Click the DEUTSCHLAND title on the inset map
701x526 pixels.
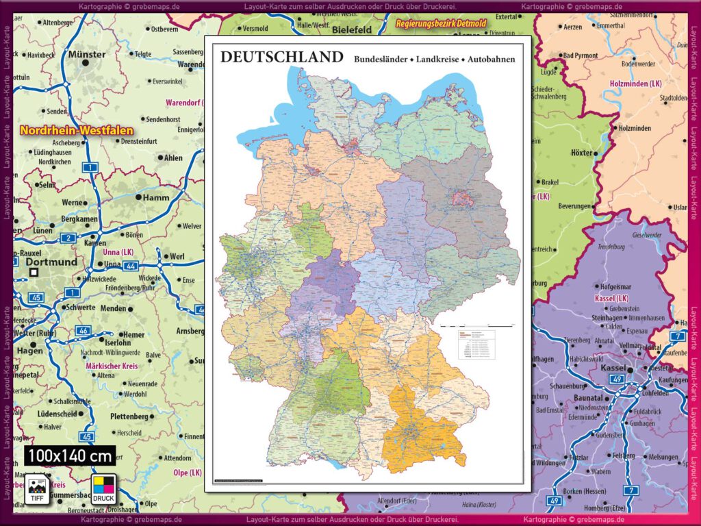tap(281, 58)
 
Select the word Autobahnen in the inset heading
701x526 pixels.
tap(491, 60)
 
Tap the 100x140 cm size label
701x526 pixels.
tap(71, 455)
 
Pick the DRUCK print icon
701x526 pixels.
tap(103, 488)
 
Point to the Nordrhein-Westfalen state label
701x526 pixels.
tap(77, 130)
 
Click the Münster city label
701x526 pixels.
tap(88, 55)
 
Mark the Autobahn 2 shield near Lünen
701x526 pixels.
tap(68, 238)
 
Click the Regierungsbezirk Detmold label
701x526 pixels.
tap(440, 24)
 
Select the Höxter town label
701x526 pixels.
tap(582, 153)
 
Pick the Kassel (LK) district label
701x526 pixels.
tap(613, 299)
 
